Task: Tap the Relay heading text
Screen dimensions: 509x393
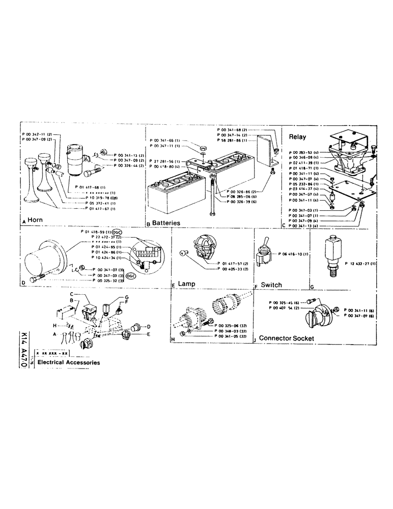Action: point(297,137)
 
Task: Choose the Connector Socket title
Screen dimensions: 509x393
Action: point(286,338)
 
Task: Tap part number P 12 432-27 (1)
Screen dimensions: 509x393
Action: point(362,264)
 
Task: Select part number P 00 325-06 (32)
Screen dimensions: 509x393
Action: point(232,324)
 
